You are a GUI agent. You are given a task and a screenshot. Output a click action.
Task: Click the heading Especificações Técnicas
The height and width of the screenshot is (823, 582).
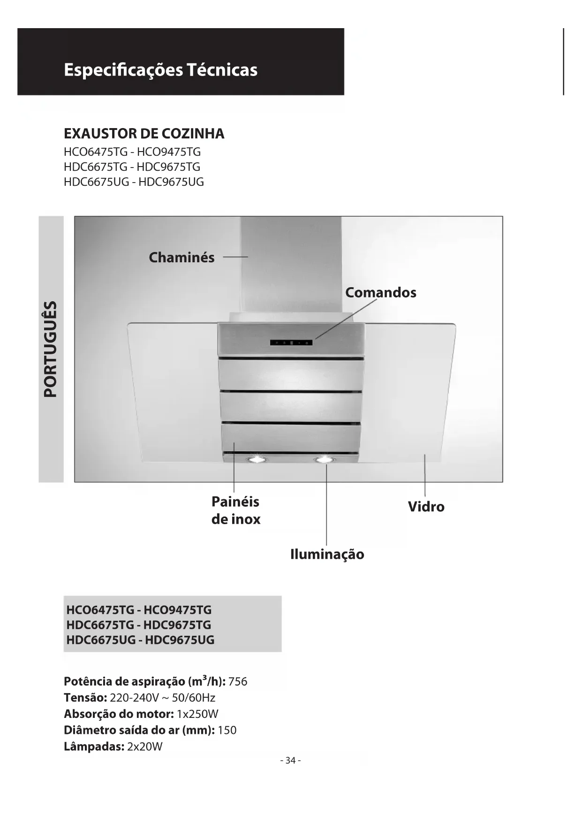(x=160, y=70)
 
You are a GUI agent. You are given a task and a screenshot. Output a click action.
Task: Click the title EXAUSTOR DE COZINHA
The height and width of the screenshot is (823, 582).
(x=144, y=134)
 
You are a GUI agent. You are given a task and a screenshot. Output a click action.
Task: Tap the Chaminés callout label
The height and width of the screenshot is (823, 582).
(x=181, y=258)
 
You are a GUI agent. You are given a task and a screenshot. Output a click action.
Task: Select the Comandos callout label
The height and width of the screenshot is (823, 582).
(x=380, y=293)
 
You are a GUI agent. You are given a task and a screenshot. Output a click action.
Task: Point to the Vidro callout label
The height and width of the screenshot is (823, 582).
(x=426, y=507)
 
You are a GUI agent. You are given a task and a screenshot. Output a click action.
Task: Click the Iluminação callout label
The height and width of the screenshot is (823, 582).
(x=327, y=554)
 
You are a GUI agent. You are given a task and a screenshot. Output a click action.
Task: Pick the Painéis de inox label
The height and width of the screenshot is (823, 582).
(x=236, y=511)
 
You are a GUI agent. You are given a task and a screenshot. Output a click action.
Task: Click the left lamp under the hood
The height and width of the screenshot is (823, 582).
(x=256, y=459)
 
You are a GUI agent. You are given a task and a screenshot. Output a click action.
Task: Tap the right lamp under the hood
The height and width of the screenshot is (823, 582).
(x=324, y=459)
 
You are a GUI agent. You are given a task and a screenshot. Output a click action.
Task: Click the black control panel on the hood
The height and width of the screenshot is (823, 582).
(x=291, y=343)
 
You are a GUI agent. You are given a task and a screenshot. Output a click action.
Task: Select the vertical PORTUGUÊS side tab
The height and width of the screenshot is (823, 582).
(x=51, y=349)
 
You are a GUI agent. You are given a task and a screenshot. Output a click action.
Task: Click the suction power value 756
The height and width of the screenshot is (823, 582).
(x=238, y=682)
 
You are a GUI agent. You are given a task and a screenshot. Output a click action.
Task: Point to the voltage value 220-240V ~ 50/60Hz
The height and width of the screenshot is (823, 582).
(x=163, y=698)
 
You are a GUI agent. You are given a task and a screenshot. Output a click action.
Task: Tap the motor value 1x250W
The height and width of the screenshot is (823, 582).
(x=197, y=714)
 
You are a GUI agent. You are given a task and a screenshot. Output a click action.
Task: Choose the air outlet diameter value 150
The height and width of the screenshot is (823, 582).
(x=227, y=731)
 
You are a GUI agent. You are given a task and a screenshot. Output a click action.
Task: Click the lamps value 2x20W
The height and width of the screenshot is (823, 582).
(x=145, y=747)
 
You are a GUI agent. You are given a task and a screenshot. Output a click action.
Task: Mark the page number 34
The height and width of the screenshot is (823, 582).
(x=290, y=761)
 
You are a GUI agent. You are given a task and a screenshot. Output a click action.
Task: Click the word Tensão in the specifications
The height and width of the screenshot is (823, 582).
(x=85, y=698)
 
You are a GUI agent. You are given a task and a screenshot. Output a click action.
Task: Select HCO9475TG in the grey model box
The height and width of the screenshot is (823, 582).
(x=177, y=610)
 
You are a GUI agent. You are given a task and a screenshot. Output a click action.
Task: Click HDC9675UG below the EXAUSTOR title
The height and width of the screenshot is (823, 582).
(x=171, y=182)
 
